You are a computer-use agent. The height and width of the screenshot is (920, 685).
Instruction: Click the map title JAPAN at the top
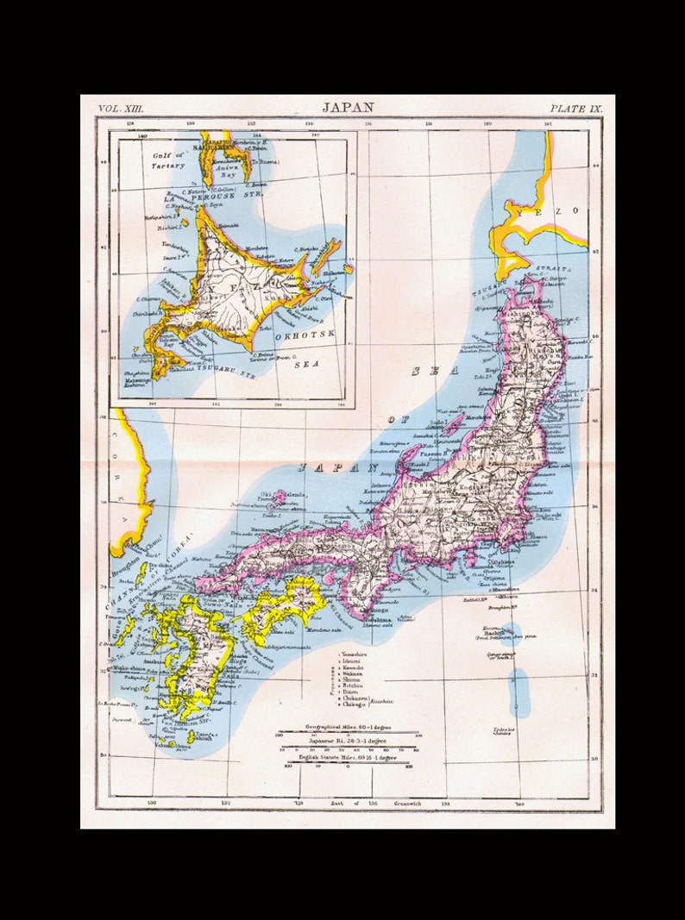tap(348, 108)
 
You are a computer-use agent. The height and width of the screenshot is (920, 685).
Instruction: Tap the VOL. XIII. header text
tap(122, 108)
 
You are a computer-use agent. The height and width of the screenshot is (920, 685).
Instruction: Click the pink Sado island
tap(453, 425)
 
